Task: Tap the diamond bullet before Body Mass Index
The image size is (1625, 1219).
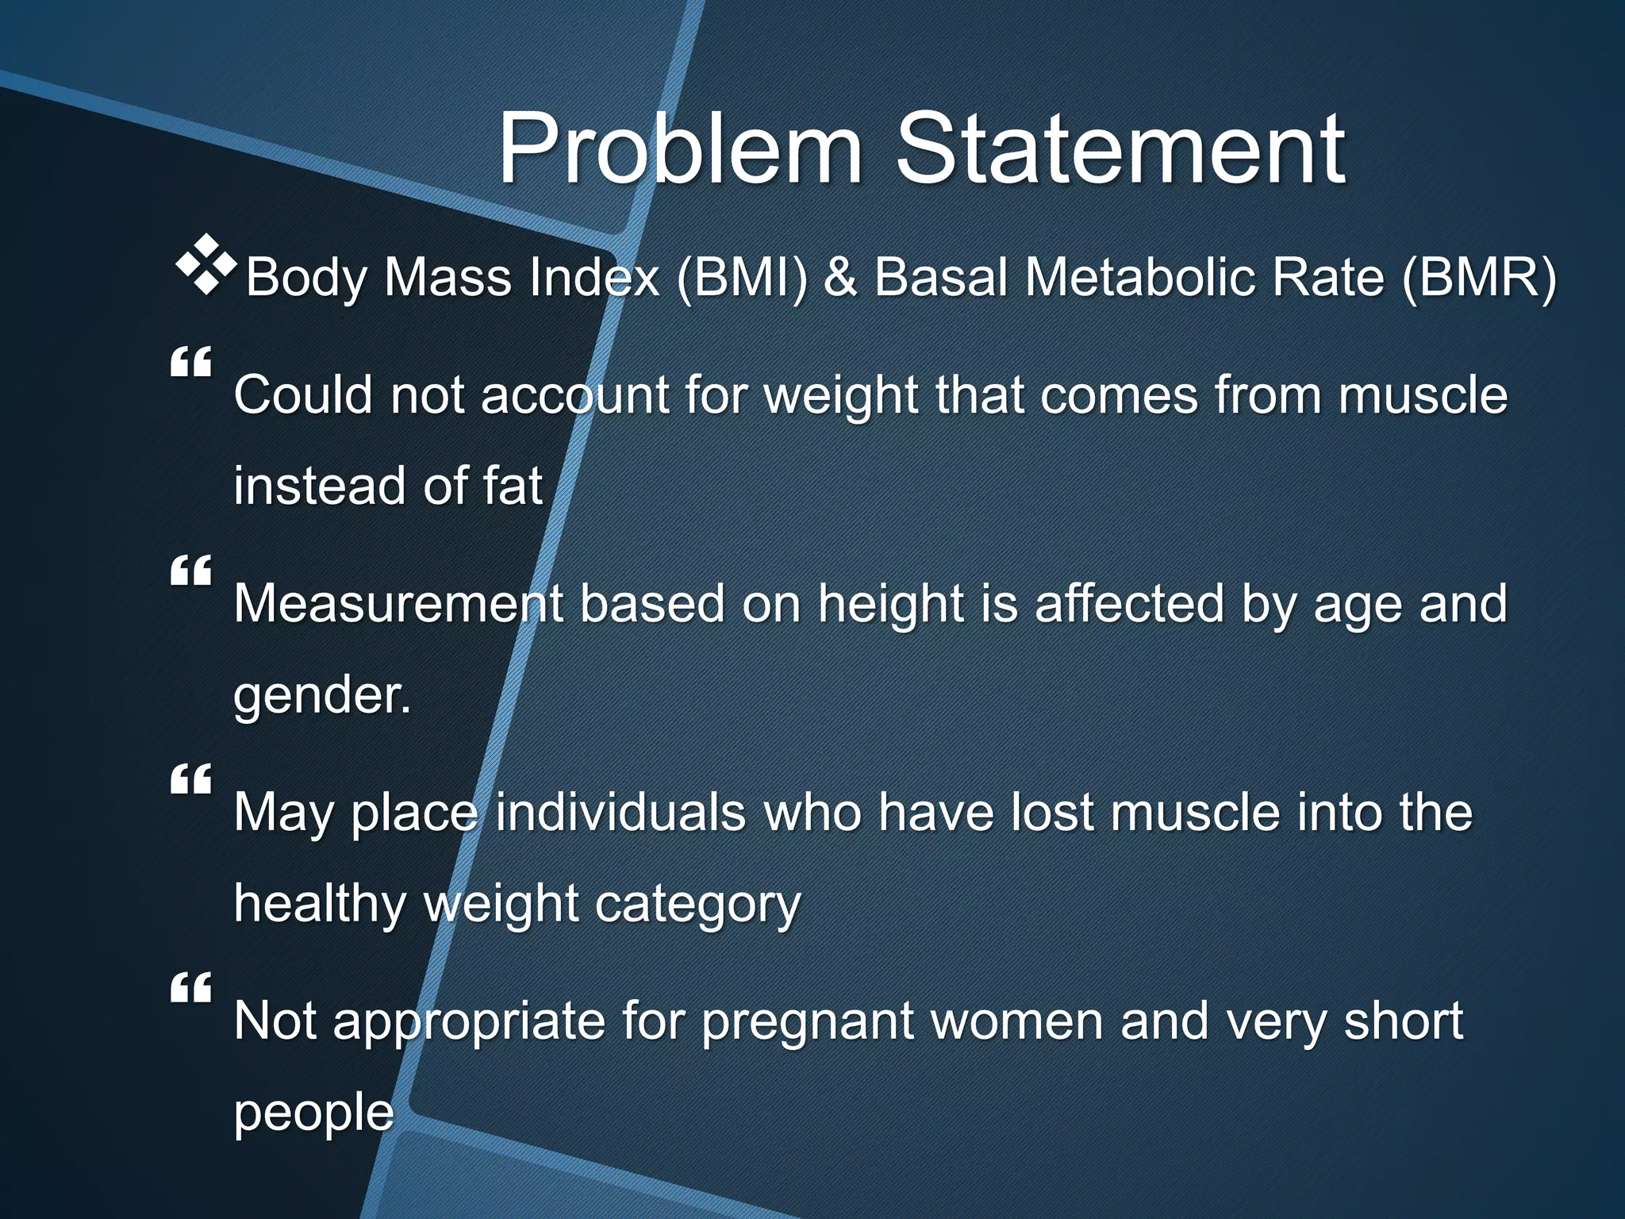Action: click(x=206, y=265)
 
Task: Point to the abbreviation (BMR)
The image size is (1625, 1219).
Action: click(x=1479, y=278)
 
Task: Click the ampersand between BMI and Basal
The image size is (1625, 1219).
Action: click(x=840, y=278)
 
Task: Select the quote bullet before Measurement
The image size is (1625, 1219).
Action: click(x=190, y=571)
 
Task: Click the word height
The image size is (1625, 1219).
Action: click(x=890, y=605)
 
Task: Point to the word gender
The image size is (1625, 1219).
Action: click(x=321, y=695)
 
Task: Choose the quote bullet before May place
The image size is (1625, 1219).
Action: click(x=190, y=779)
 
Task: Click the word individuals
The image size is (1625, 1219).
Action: click(x=620, y=813)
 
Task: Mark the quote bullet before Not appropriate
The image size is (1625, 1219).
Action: click(x=190, y=988)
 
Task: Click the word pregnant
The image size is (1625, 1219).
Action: click(x=808, y=1022)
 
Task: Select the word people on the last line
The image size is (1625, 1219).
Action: click(x=313, y=1113)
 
